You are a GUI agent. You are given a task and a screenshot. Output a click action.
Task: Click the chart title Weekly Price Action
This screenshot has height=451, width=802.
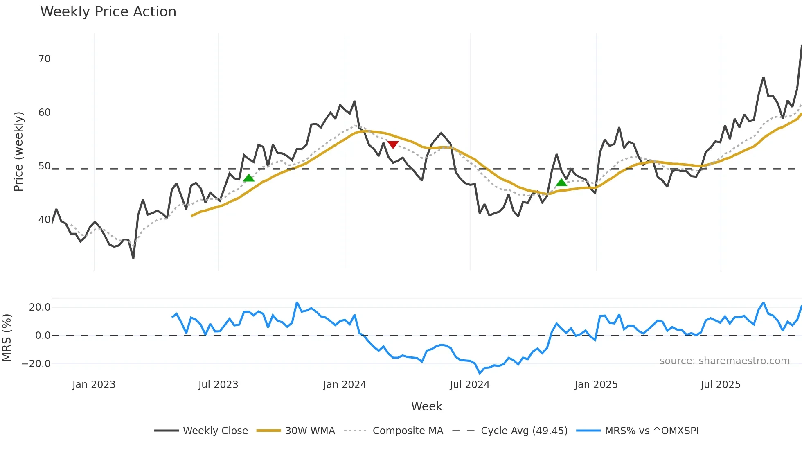108,12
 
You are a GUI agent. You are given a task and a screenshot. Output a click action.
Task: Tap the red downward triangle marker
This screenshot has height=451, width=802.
393,144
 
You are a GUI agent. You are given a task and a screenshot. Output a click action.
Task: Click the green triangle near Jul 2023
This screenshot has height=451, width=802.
249,178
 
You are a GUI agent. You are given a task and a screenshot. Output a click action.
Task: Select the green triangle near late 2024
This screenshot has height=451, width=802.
561,183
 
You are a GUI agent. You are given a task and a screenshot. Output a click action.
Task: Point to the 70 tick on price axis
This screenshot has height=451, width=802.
44,59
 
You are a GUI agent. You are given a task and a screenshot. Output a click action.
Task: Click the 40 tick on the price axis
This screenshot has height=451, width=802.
44,220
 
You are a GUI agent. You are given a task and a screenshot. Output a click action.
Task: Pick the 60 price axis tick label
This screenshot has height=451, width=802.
44,113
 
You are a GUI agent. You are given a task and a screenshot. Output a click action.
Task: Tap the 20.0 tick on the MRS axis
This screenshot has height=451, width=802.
40,307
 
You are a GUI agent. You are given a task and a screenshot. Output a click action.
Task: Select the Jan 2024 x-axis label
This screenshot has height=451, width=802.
345,385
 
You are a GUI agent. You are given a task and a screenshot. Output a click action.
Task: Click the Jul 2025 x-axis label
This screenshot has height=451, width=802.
720,385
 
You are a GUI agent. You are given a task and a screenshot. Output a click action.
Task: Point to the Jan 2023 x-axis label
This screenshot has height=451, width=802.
94,385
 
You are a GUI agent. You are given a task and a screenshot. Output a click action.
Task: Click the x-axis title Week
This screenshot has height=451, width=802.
426,406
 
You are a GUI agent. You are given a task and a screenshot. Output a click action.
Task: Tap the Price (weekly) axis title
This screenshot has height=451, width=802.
18,151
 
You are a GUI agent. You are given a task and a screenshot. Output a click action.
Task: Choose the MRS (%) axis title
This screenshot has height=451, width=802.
7,338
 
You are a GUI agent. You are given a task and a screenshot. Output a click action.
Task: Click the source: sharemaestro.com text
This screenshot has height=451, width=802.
724,361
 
